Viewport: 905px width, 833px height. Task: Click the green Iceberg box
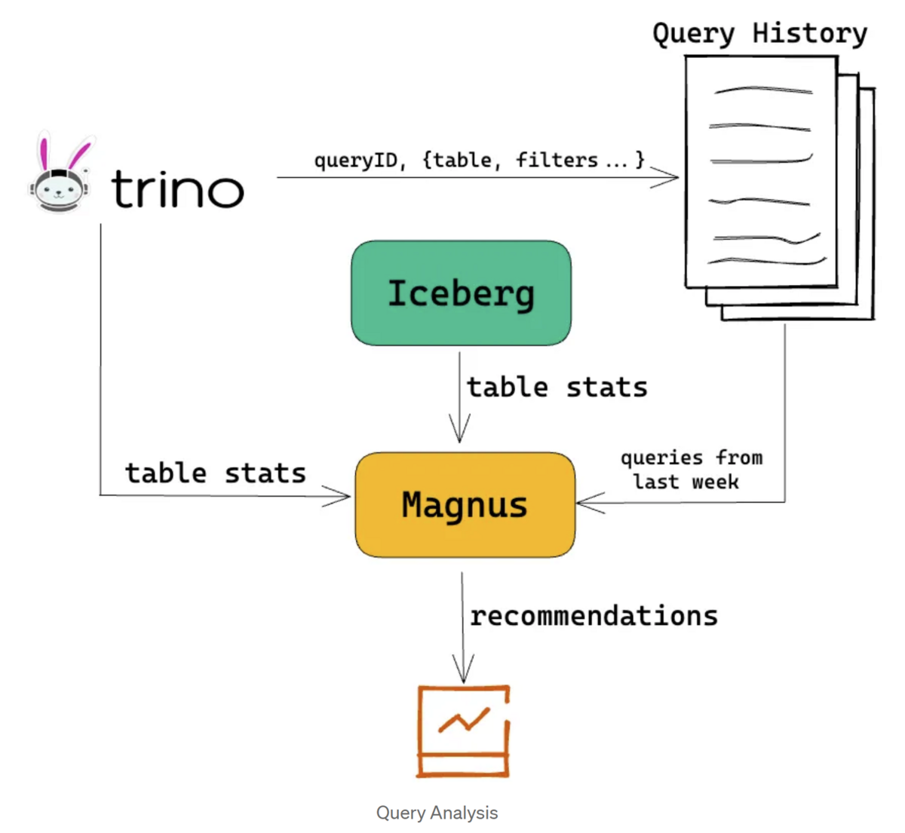461,293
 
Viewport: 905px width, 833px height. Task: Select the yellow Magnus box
465,504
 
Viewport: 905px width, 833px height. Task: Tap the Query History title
759,33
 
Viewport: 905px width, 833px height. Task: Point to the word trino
177,188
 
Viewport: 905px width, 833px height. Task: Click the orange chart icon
464,730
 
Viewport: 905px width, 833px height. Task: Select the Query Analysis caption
437,813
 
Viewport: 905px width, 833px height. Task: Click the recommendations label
594,616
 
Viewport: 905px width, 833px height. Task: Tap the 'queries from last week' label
690,470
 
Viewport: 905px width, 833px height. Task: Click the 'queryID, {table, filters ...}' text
479,160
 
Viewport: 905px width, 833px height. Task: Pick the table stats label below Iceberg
557,387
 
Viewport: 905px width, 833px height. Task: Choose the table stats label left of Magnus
215,473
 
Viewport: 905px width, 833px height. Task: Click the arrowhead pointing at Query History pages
667,178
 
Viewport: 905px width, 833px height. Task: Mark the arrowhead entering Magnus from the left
339,496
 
